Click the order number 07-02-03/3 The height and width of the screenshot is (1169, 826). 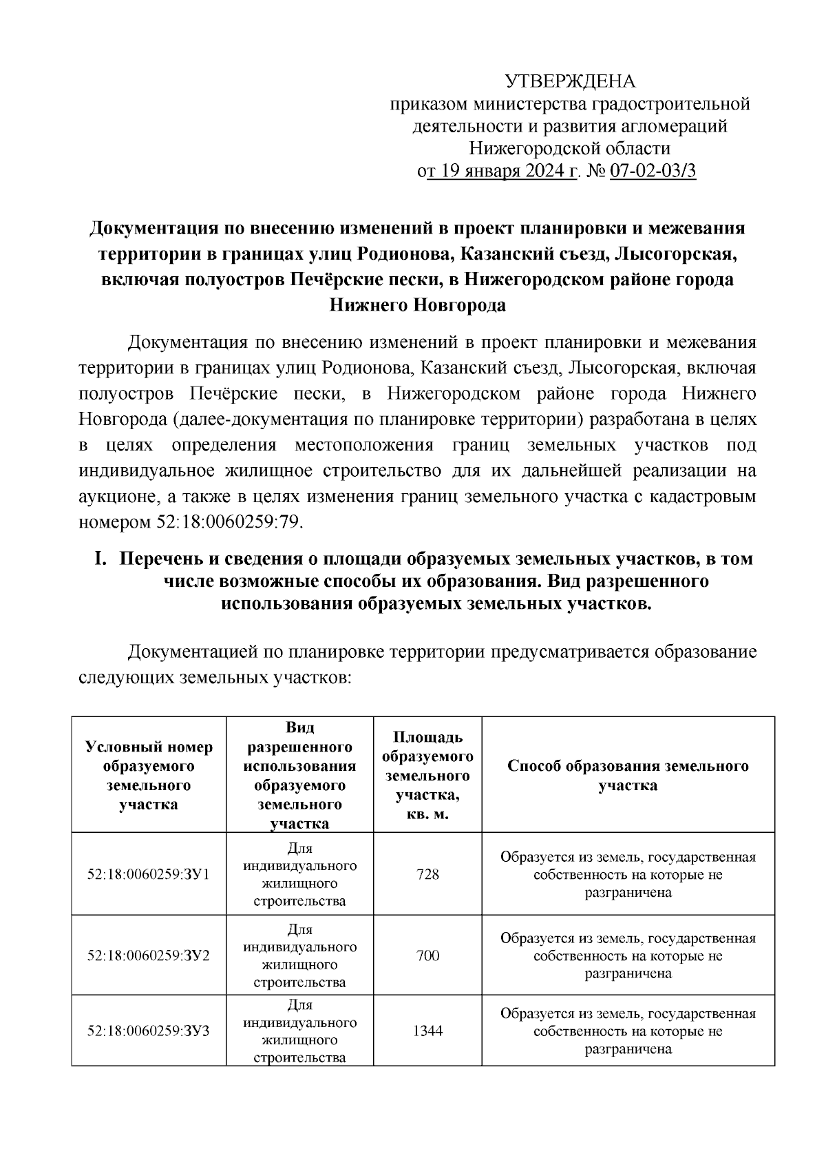tap(653, 171)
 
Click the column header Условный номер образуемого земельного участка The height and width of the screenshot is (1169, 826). tap(149, 776)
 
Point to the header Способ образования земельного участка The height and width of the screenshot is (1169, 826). tap(628, 776)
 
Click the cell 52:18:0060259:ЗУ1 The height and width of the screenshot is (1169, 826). tap(149, 874)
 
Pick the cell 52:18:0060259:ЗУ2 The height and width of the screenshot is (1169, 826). tap(149, 955)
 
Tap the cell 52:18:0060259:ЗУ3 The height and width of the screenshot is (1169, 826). tap(149, 1031)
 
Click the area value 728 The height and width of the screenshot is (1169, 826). tap(427, 874)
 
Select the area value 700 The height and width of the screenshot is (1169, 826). tap(427, 955)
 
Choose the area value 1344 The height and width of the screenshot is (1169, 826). tap(427, 1031)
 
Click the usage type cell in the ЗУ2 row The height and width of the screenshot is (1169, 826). tap(300, 955)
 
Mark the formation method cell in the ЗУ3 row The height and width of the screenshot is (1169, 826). tap(628, 1031)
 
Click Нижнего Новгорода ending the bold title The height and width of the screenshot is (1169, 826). tap(417, 305)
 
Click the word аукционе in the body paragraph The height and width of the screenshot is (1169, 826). tap(117, 497)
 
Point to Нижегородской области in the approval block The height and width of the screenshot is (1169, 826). tap(569, 148)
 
